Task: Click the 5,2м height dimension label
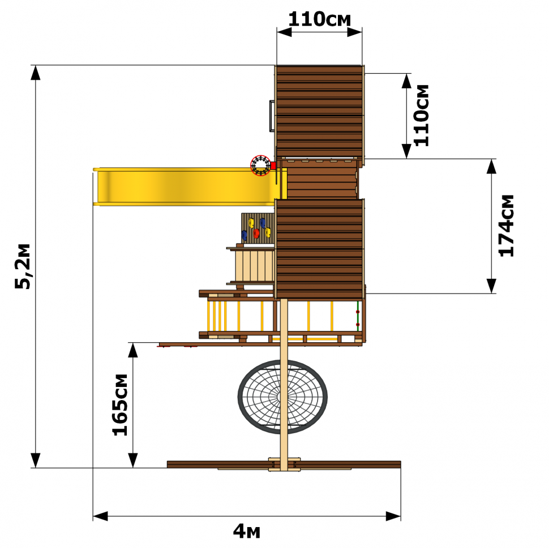point(23,266)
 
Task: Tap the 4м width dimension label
point(247,531)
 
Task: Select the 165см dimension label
point(120,405)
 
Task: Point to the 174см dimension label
point(507,226)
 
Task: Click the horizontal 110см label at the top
point(319,19)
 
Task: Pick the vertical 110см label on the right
point(421,116)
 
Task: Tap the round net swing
point(282,397)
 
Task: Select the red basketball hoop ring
point(260,165)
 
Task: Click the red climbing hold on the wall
point(256,233)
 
